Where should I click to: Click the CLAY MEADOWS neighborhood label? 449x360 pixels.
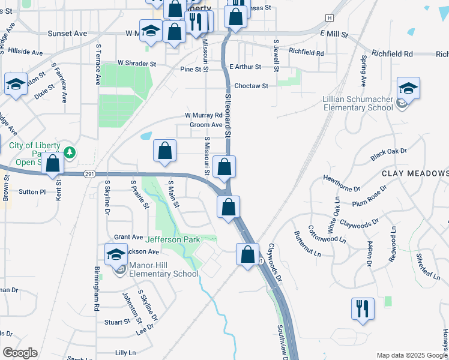click(x=415, y=173)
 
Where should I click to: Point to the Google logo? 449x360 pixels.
click(x=20, y=353)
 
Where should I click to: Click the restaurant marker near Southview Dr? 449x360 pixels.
click(x=363, y=309)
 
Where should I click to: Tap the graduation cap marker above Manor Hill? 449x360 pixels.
click(x=116, y=254)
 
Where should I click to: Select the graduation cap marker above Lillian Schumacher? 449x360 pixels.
click(x=408, y=88)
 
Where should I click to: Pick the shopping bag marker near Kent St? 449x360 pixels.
click(x=53, y=163)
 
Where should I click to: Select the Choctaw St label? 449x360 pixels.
click(x=251, y=86)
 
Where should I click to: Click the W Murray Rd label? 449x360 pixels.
click(x=203, y=115)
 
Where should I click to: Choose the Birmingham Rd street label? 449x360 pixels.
click(x=96, y=288)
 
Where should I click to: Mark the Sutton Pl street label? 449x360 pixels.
click(x=32, y=192)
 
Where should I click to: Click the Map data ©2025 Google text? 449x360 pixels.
click(x=411, y=355)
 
